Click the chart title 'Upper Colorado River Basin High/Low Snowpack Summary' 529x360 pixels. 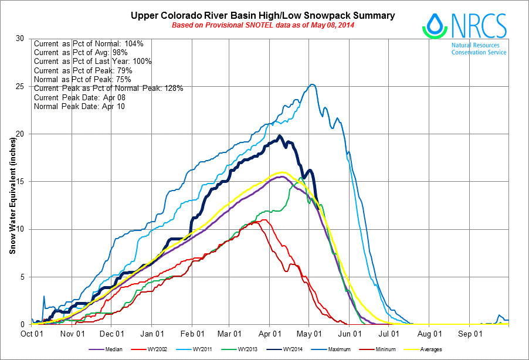(263, 15)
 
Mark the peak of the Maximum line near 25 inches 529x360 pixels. (312, 84)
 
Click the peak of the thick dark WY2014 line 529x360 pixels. (280, 136)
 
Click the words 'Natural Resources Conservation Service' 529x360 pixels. (479, 48)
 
